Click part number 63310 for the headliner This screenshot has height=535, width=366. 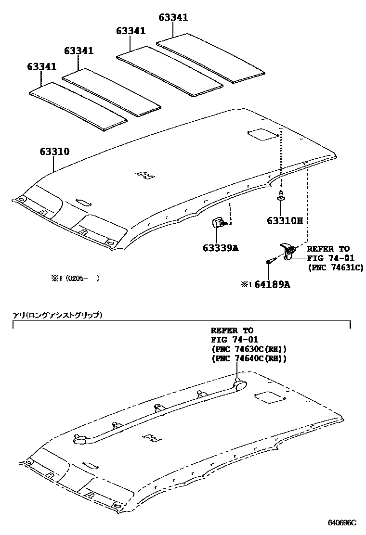pyautogui.click(x=54, y=152)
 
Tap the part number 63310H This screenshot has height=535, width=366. pyautogui.click(x=285, y=221)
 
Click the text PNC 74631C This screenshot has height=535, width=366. pyautogui.click(x=335, y=267)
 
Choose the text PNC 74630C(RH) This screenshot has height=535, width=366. pyautogui.click(x=248, y=349)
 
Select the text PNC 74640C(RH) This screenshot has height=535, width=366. pyautogui.click(x=248, y=358)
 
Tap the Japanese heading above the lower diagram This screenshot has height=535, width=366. pyautogui.click(x=57, y=316)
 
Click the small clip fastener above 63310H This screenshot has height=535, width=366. pyautogui.click(x=281, y=198)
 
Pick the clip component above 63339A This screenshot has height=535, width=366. pyautogui.click(x=219, y=223)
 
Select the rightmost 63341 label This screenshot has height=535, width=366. pyautogui.click(x=173, y=18)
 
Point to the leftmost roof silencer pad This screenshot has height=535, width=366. pyautogui.click(x=77, y=106)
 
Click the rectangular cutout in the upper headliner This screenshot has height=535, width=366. pyautogui.click(x=263, y=135)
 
